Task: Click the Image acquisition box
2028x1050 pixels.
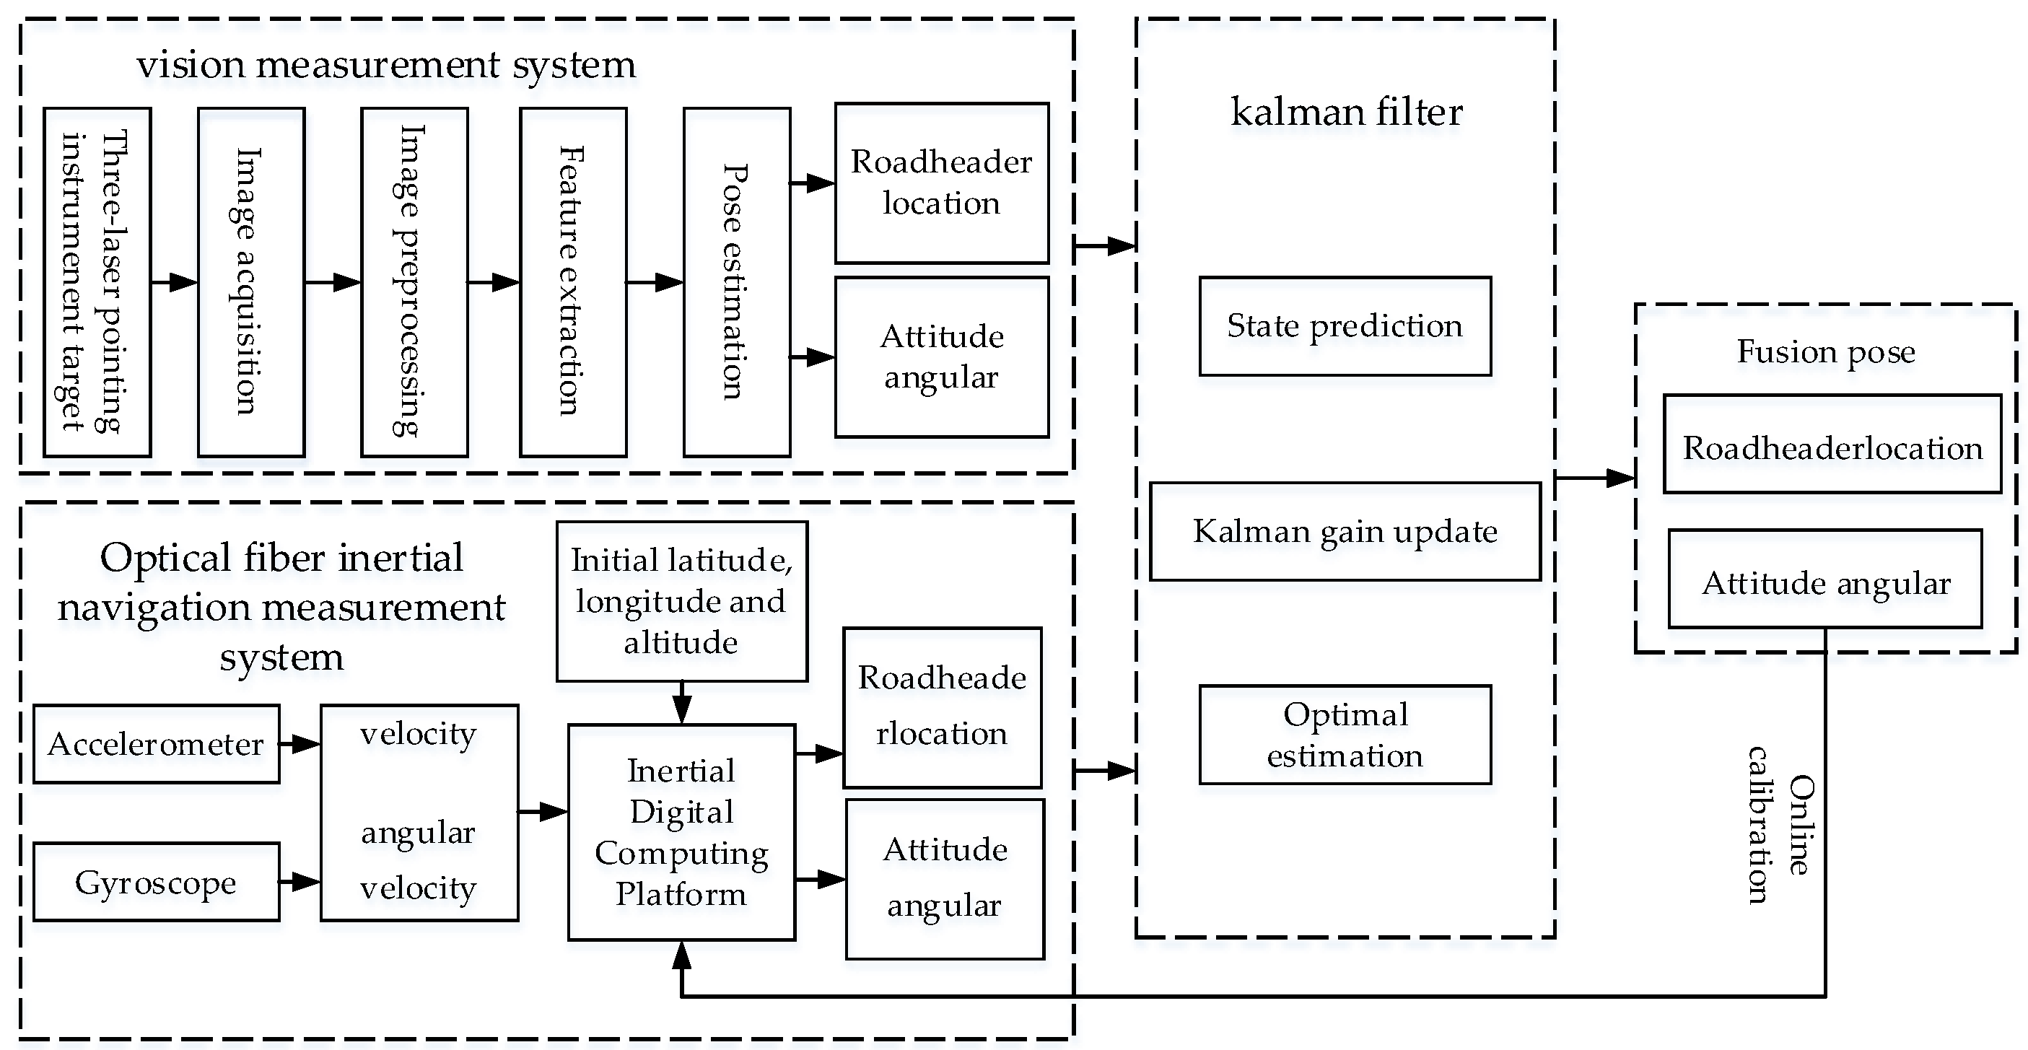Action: (251, 281)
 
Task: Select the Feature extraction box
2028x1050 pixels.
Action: (573, 281)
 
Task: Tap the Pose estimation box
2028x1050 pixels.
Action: (736, 281)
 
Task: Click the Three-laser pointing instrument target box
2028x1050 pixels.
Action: (97, 281)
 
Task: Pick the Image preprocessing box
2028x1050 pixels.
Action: (414, 281)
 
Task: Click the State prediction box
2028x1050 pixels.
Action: (1345, 326)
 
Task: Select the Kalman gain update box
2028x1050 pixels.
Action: (1345, 531)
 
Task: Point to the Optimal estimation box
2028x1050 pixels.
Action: (1345, 735)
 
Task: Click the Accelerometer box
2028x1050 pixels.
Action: (156, 744)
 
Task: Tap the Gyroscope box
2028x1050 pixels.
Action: (156, 882)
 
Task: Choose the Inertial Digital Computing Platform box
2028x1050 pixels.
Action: (681, 832)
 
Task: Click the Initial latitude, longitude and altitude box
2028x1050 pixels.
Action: (681, 601)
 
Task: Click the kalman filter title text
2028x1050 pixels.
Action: (1345, 112)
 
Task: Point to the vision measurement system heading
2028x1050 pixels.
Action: (386, 64)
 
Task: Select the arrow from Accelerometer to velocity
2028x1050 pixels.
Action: (300, 744)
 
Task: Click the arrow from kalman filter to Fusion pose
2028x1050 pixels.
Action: (1594, 477)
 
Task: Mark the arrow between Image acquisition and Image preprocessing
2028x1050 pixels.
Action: (332, 281)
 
